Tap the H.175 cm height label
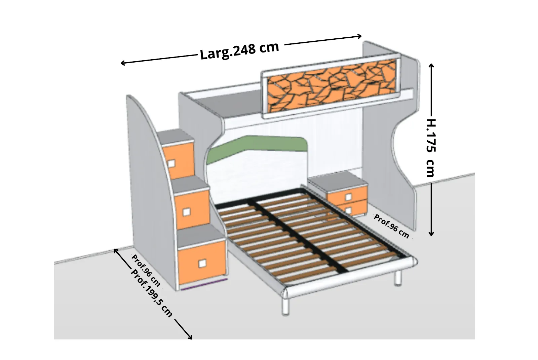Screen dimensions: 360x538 pyautogui.click(x=431, y=148)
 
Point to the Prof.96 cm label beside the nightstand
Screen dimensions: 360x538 pyautogui.click(x=391, y=226)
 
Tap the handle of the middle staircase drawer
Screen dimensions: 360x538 pyautogui.click(x=186, y=212)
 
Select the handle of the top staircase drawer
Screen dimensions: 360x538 pyautogui.click(x=171, y=164)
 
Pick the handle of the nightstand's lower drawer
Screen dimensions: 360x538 pyautogui.click(x=348, y=211)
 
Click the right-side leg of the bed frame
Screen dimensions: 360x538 pyautogui.click(x=398, y=278)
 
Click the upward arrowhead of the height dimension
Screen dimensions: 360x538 pyautogui.click(x=431, y=65)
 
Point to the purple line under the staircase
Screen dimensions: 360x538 pyautogui.click(x=204, y=284)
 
